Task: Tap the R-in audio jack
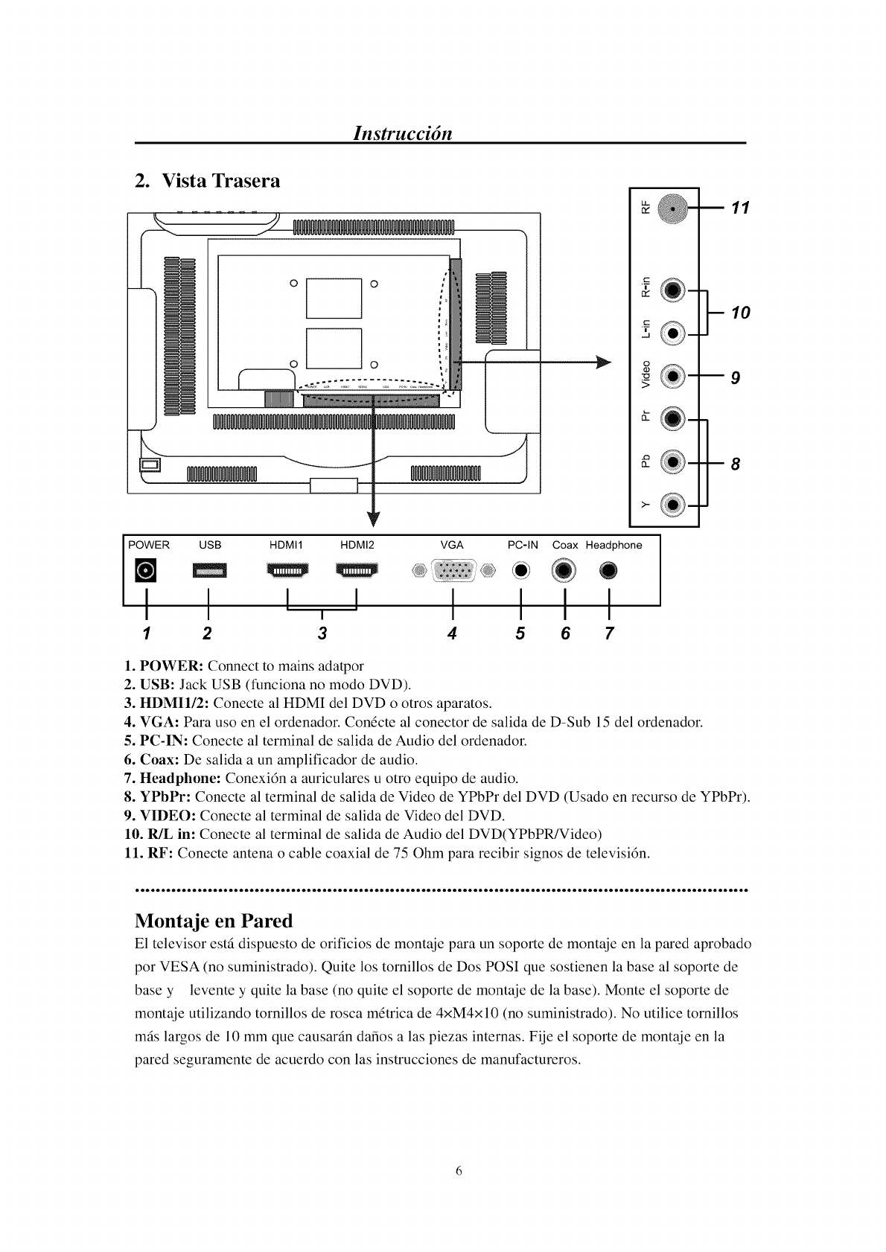[673, 290]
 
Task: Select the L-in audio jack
[673, 333]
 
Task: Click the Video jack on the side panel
[673, 377]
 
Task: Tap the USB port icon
[210, 571]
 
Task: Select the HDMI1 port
[287, 571]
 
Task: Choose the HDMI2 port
[357, 571]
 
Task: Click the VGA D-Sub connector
[453, 571]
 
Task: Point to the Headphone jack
[609, 571]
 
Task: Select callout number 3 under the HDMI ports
[322, 633]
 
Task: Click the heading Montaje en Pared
[214, 921]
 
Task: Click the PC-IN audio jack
[520, 571]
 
